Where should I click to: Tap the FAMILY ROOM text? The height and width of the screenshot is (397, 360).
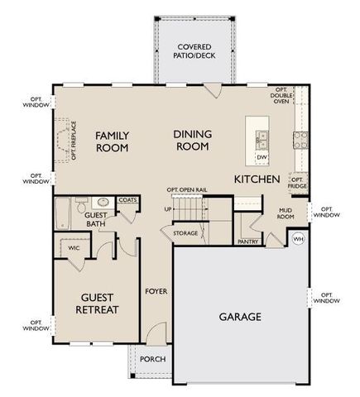point(111,141)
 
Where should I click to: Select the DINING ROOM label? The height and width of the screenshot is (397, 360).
point(192,140)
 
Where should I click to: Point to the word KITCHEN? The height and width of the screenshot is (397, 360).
point(258,179)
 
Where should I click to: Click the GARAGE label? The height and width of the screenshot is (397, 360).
point(240,316)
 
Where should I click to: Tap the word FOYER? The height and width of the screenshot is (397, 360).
point(156,292)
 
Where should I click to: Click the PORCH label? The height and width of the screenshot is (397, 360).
point(153,359)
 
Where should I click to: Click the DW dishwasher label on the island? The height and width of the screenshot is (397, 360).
point(262,156)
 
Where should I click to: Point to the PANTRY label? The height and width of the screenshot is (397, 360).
point(247,242)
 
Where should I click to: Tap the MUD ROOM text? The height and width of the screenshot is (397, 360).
point(286,214)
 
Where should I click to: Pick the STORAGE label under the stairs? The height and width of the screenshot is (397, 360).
point(185,234)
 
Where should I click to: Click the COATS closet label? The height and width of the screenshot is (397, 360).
point(127,199)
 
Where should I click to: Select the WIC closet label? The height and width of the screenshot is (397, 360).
point(74,247)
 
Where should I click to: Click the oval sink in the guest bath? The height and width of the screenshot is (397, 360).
point(103,202)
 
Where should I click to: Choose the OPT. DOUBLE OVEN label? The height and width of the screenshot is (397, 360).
point(281,97)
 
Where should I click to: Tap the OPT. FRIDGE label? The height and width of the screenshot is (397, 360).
point(297,183)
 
